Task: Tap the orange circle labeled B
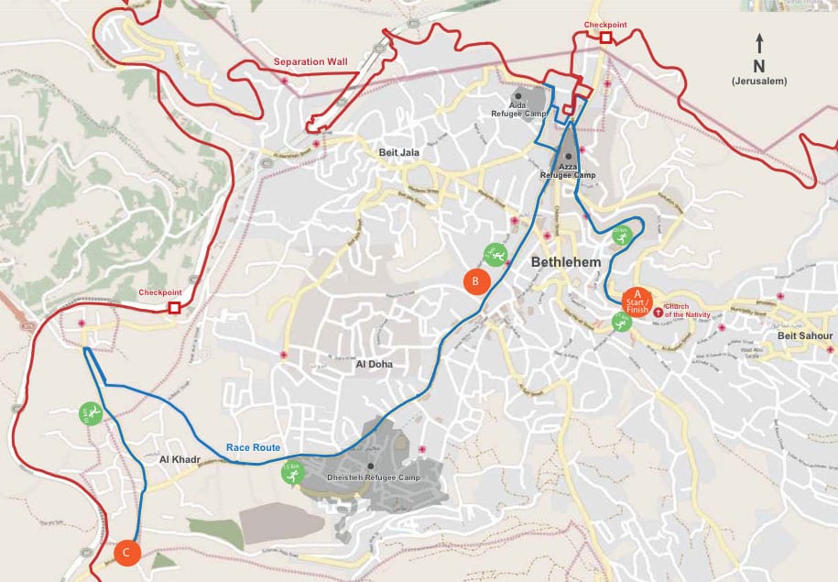[x=474, y=281]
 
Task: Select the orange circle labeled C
[x=127, y=552]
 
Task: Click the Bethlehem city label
[x=565, y=262]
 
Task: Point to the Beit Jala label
[x=398, y=152]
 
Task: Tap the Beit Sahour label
[x=805, y=336]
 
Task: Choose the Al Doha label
[x=374, y=364]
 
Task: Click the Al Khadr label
[x=179, y=458]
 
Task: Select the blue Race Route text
[x=253, y=447]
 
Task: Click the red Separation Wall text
[x=310, y=62]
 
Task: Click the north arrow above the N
[x=758, y=42]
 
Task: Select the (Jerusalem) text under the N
[x=758, y=82]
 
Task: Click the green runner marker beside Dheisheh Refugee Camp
[x=289, y=474]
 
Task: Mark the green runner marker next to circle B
[x=495, y=253]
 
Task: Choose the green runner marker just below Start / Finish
[x=622, y=321]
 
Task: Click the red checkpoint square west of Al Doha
[x=174, y=308]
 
